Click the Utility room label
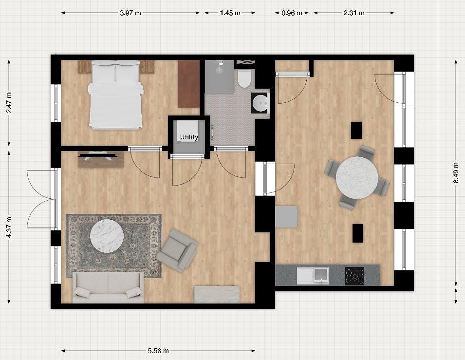point(189,137)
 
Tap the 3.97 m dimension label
point(130,13)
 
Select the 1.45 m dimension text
point(230,13)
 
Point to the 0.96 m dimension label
point(292,13)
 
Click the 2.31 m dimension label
point(354,13)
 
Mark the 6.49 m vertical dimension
point(455,173)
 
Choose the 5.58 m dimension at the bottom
point(158,351)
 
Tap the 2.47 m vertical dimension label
point(9,103)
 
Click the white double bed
point(116,95)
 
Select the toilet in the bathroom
point(244,78)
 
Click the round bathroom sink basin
point(261,103)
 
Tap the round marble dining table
point(357,177)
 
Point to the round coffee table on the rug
point(107,236)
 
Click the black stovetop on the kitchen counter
point(355,276)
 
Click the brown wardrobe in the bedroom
point(188,83)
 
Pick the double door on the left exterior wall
point(41,199)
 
